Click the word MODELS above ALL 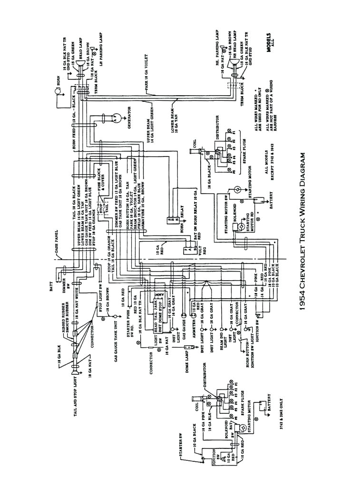(x=269, y=43)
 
